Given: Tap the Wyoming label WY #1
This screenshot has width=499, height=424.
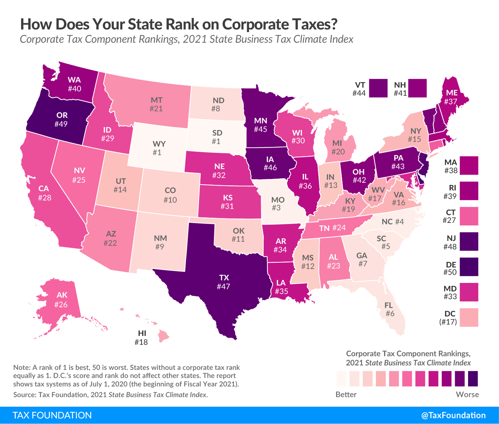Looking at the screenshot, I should click(x=157, y=147).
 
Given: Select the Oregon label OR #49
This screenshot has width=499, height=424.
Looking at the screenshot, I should click(x=61, y=120).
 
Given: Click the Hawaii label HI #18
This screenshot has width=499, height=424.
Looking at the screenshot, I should click(x=141, y=337).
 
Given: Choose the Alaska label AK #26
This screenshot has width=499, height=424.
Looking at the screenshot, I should click(x=61, y=300).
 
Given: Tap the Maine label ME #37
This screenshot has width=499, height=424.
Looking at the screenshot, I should click(x=451, y=97).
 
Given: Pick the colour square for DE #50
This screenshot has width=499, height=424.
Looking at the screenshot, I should click(x=469, y=267).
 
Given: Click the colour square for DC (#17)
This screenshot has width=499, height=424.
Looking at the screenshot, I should click(x=469, y=318).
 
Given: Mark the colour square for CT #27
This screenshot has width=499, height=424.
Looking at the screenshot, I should click(x=469, y=216).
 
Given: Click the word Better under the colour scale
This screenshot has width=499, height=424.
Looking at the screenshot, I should click(x=346, y=395).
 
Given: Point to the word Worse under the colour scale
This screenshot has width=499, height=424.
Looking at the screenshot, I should click(x=467, y=395).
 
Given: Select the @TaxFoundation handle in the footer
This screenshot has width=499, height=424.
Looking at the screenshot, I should click(x=453, y=416).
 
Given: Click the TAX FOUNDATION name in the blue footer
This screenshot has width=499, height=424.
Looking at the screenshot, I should click(x=52, y=416).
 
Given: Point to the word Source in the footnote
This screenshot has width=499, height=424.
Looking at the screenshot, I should click(x=23, y=395).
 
